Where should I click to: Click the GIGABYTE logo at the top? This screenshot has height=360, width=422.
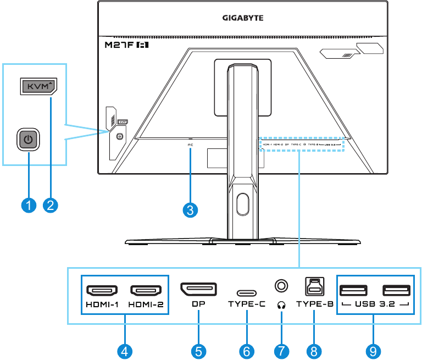(243, 18)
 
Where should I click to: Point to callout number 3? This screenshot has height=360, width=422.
(191, 210)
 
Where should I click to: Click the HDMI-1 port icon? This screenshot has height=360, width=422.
(101, 290)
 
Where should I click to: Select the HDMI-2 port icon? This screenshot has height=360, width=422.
(145, 290)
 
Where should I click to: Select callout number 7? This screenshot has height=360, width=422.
(281, 350)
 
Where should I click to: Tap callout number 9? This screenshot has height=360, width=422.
(374, 350)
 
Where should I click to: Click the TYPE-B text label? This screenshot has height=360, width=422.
(314, 303)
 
